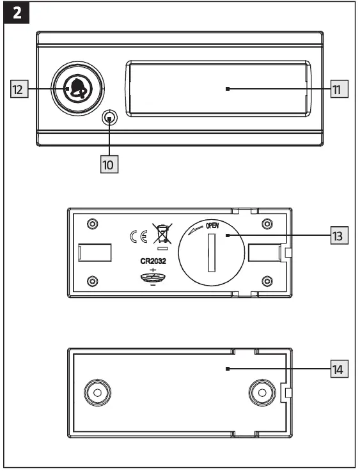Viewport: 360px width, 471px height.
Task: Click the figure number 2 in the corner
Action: point(15,14)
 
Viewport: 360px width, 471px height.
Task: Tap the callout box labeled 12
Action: point(20,90)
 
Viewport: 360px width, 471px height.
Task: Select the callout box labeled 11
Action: point(340,89)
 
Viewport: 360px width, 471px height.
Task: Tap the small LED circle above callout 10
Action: point(110,118)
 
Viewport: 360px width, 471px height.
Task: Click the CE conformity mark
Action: point(139,237)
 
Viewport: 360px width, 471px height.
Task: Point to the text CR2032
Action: point(153,261)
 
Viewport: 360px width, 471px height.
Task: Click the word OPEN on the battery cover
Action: point(213,226)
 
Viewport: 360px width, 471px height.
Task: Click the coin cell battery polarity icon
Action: point(153,277)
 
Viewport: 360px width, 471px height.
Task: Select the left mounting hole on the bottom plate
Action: point(97,392)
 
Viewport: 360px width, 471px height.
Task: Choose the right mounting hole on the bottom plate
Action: point(261,392)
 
